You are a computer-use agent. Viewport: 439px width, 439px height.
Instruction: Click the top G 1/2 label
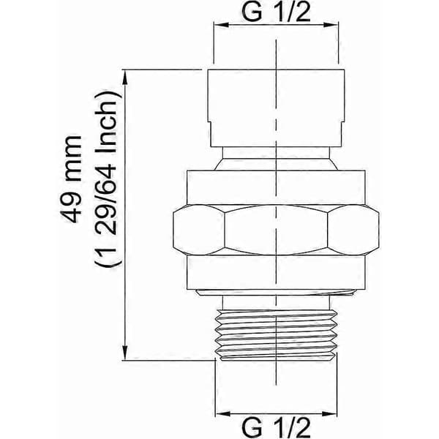(276, 12)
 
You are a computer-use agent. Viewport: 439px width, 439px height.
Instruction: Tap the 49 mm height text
(71, 179)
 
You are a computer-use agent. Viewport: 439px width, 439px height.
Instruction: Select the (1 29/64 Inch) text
(108, 179)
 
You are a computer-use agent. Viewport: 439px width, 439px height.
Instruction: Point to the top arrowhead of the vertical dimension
(125, 77)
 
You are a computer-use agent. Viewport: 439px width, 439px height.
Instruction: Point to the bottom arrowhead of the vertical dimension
(125, 353)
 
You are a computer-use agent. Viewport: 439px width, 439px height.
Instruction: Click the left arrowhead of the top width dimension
(221, 25)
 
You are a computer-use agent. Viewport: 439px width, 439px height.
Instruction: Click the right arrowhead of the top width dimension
(331, 25)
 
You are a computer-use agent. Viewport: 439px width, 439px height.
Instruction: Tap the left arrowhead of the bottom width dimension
(223, 413)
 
